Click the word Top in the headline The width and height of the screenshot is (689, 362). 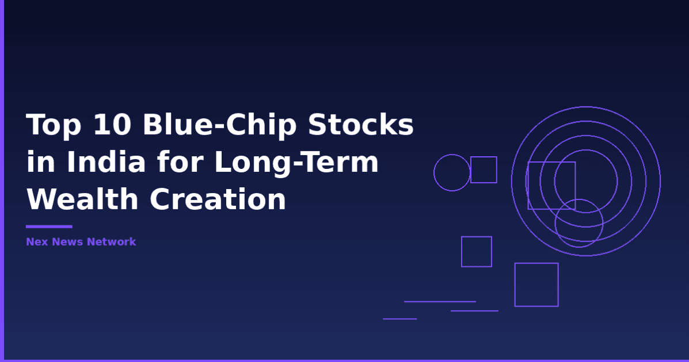[x=52, y=125]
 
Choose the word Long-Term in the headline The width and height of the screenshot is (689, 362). [x=296, y=163]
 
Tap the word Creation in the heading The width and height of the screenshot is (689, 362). [x=218, y=199]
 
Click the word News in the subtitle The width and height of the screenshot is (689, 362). [x=68, y=242]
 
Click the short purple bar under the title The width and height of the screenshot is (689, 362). [x=49, y=227]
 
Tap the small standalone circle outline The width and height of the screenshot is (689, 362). [x=452, y=172]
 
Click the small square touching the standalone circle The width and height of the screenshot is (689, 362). [x=484, y=169]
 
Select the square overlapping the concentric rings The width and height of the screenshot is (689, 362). [x=551, y=186]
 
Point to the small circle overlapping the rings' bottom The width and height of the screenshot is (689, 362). [x=579, y=223]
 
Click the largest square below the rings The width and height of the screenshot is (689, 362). [x=536, y=285]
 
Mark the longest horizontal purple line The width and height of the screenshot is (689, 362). [x=440, y=301]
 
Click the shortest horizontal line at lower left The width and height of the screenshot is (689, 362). [x=399, y=319]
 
